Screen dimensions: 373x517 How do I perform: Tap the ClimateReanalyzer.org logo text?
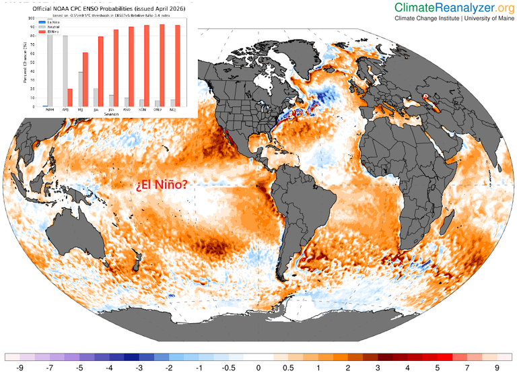point(454,7)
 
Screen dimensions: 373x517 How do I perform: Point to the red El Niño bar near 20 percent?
point(69,98)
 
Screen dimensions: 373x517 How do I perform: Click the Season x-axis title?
point(112,114)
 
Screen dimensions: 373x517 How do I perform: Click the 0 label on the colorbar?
point(258,368)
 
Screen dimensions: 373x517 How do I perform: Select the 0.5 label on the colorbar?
point(288,368)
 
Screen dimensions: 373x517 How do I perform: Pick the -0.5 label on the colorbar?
point(228,368)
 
